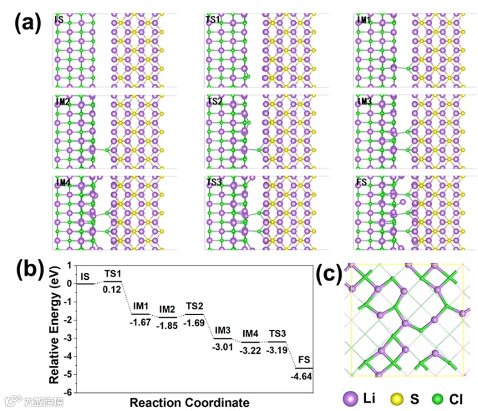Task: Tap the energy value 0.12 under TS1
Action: [113, 289]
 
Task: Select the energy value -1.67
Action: [140, 322]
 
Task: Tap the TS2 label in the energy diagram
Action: [195, 305]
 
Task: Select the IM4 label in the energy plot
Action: [251, 333]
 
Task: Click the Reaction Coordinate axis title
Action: [189, 403]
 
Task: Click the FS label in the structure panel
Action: [362, 182]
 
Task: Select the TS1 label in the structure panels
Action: [213, 20]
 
